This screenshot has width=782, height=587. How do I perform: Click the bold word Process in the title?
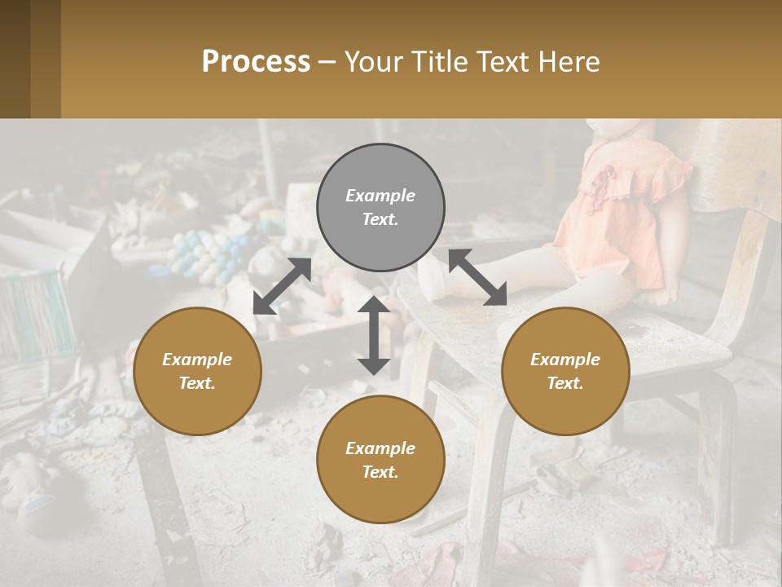point(256,62)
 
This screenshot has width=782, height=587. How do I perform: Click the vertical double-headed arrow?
point(373,335)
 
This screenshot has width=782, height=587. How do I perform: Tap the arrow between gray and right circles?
point(477,277)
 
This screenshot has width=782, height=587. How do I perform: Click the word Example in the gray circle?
point(380,196)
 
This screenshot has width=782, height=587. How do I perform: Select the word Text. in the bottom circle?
point(380,472)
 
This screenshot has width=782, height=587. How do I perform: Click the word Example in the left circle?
point(197,360)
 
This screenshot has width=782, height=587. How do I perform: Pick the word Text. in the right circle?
point(565,383)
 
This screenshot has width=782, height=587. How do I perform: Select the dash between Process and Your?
point(327,62)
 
